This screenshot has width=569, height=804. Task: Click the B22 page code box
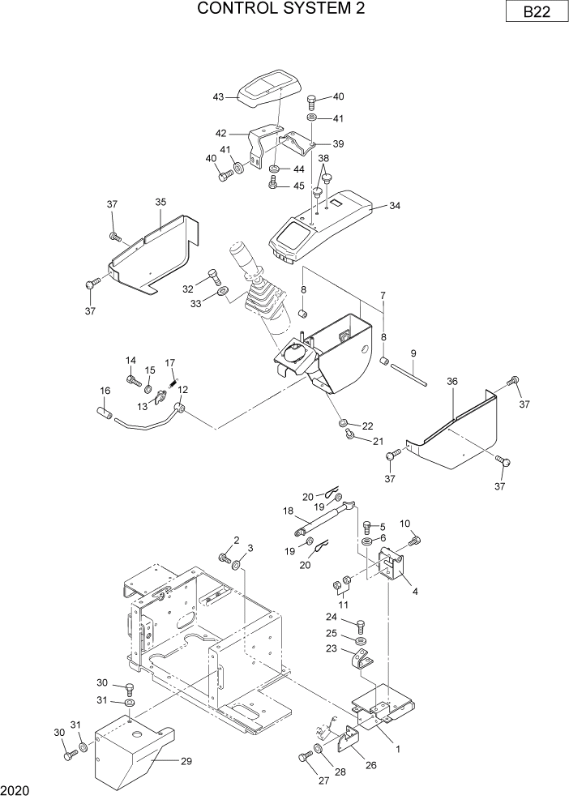(533, 14)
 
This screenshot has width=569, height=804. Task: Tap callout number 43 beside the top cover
(219, 96)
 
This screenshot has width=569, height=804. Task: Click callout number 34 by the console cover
(395, 206)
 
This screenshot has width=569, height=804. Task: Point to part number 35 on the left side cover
(160, 203)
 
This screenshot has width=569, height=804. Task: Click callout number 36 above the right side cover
(452, 380)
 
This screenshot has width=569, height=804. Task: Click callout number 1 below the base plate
(398, 749)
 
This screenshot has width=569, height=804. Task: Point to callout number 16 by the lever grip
(105, 391)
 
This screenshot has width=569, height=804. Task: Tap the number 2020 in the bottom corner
(14, 789)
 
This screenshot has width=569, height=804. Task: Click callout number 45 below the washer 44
(299, 186)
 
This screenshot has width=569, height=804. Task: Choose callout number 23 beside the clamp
(332, 648)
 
